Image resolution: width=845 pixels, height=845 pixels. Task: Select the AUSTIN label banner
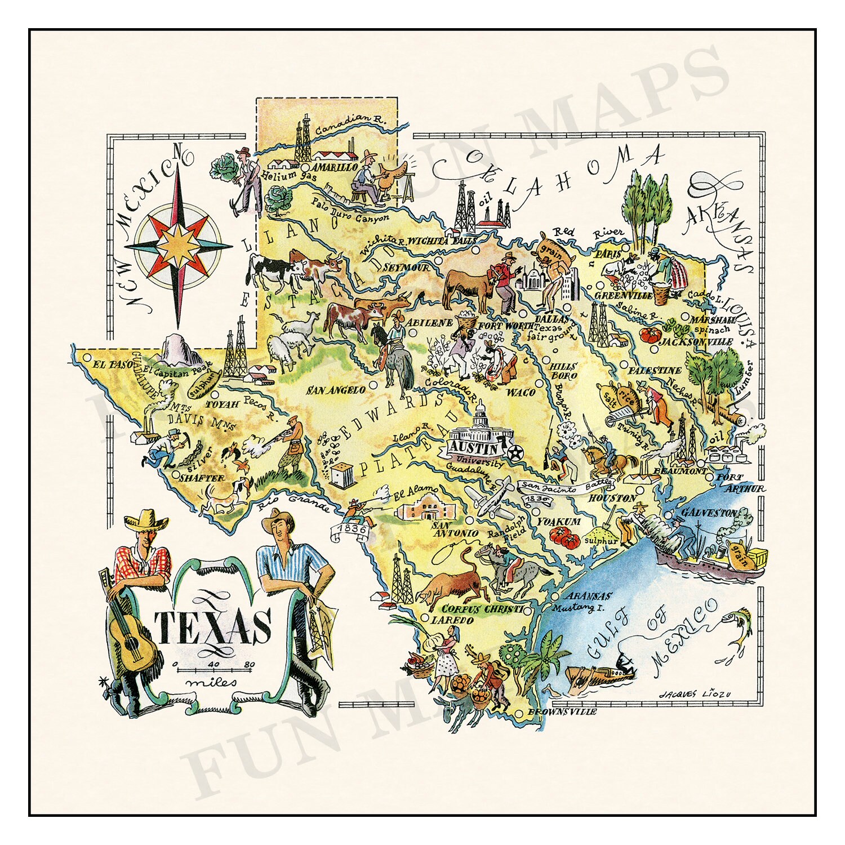coord(473,448)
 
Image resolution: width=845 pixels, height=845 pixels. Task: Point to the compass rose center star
coord(177,246)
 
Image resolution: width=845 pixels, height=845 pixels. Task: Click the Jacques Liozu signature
coord(697,693)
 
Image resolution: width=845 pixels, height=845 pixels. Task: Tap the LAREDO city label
coord(448,620)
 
